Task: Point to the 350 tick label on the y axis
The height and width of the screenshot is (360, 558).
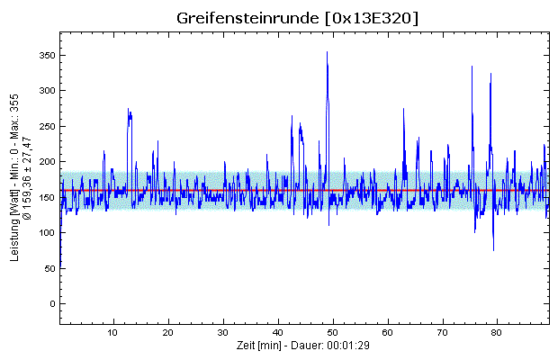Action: [x=46, y=56]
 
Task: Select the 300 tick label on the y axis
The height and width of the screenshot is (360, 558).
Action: [x=46, y=91]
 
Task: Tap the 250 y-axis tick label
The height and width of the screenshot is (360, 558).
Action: [x=46, y=127]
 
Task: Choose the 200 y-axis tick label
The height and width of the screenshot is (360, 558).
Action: [x=46, y=162]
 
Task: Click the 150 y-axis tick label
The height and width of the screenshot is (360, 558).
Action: [x=46, y=197]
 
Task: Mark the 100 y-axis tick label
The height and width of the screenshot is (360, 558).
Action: [x=46, y=233]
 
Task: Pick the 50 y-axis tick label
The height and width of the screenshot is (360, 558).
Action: [x=49, y=268]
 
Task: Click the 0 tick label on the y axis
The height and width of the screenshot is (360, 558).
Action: [x=51, y=304]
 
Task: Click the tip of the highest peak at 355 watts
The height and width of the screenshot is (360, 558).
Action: [x=327, y=52]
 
